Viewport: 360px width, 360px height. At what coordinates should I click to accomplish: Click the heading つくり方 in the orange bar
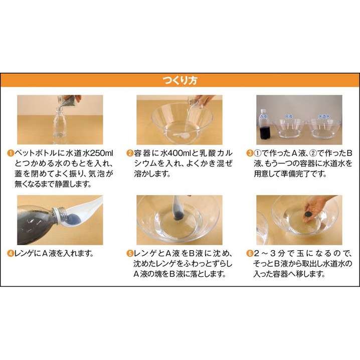[180, 80]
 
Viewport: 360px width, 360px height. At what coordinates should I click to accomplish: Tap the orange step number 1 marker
[11, 153]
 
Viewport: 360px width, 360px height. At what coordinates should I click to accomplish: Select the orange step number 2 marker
[130, 153]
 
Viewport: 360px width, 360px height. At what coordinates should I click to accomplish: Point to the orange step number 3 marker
[250, 153]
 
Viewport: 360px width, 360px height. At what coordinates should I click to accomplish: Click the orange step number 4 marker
[11, 254]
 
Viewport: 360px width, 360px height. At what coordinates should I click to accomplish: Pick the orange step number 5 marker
[130, 254]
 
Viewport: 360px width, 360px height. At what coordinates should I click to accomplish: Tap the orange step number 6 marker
[250, 254]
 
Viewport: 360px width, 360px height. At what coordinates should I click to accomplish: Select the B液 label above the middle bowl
[289, 117]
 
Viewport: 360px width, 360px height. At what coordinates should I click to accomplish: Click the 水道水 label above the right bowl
[323, 117]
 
